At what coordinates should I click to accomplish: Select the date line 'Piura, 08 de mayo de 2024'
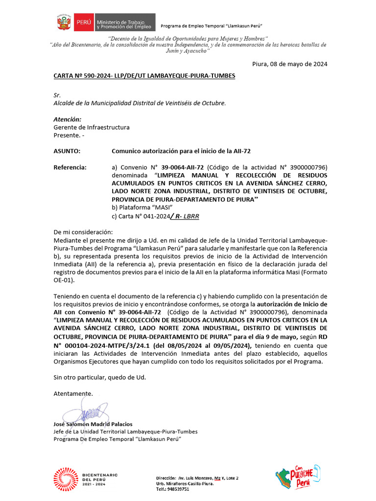click(289, 64)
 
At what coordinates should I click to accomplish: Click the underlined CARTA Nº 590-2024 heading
click(144, 76)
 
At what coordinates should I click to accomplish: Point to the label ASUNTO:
click(67, 151)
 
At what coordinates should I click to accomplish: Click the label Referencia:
click(70, 167)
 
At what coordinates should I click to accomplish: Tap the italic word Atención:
click(67, 119)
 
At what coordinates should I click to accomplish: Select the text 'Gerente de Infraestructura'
click(91, 127)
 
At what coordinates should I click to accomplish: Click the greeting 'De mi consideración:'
click(83, 232)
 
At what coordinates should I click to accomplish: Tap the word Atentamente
click(73, 393)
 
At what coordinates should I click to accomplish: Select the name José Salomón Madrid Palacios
click(93, 424)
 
